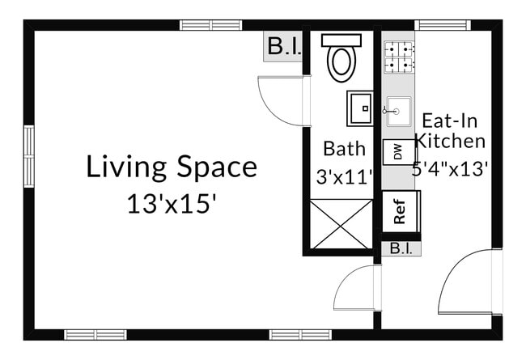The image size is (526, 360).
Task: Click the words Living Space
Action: pos(172,167)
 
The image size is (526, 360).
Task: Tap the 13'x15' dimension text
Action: pos(172,204)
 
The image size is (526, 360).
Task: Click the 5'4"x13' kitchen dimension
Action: pos(450,169)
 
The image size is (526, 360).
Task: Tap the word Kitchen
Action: pos(450,142)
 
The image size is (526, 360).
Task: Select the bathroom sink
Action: pos(360,108)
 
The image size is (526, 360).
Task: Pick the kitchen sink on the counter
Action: pos(398,110)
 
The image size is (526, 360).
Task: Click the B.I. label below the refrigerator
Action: pos(400,248)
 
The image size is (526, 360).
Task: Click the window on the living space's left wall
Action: pos(29,155)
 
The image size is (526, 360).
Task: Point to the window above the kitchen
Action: pos(442,25)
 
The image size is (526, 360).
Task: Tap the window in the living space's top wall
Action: pos(210,25)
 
